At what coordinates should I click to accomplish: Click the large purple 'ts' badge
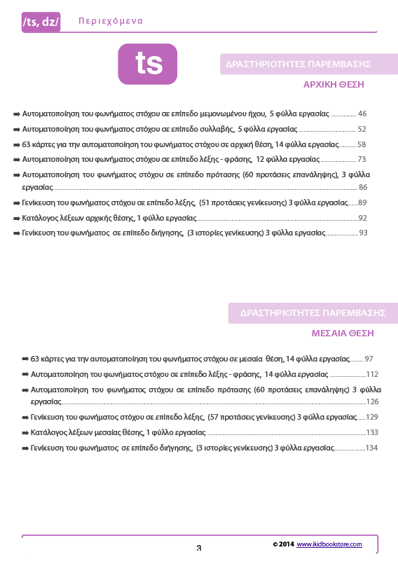pyautogui.click(x=148, y=64)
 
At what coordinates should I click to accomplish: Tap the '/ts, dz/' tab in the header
pyautogui.click(x=41, y=22)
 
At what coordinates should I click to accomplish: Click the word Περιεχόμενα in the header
pyautogui.click(x=111, y=21)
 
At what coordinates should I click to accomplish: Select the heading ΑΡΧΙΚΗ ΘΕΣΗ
pyautogui.click(x=334, y=84)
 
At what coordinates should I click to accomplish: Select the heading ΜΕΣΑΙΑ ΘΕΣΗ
pyautogui.click(x=343, y=333)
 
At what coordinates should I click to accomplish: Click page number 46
pyautogui.click(x=362, y=114)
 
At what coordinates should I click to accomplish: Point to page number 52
pyautogui.click(x=362, y=130)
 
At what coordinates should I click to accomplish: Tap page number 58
pyautogui.click(x=362, y=144)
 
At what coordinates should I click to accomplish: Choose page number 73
pyautogui.click(x=362, y=160)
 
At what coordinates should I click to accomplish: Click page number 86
pyautogui.click(x=362, y=187)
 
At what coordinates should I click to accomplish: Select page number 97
pyautogui.click(x=369, y=358)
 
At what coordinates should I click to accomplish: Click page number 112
pyautogui.click(x=371, y=374)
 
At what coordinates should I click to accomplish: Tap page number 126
pyautogui.click(x=372, y=401)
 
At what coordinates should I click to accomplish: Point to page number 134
pyautogui.click(x=371, y=448)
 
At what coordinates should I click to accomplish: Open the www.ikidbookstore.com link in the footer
pyautogui.click(x=329, y=544)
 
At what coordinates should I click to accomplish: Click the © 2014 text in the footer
pyautogui.click(x=283, y=544)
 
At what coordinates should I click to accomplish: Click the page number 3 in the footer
pyautogui.click(x=198, y=548)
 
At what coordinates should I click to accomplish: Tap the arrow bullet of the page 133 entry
pyautogui.click(x=25, y=433)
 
